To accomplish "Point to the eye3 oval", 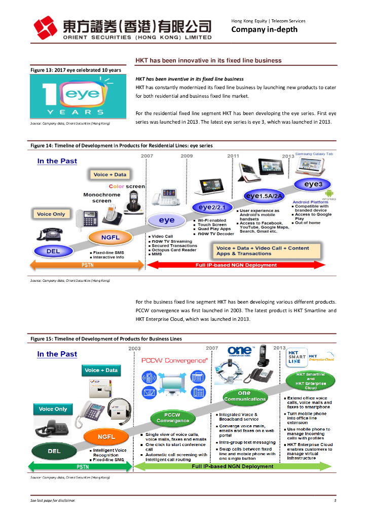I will click(x=313, y=184).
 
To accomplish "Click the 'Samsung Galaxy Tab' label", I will click(x=314, y=154).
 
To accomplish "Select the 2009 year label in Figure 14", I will click(x=187, y=156).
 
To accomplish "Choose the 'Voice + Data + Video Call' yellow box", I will click(x=263, y=251).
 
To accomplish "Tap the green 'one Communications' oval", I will click(x=244, y=396).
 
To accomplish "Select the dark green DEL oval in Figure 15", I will click(x=54, y=451).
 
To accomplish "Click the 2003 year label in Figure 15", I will click(x=135, y=348).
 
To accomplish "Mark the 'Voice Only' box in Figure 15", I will click(x=53, y=409).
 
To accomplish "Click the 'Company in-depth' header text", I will click(x=264, y=29).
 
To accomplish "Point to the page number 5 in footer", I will click(x=335, y=501).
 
